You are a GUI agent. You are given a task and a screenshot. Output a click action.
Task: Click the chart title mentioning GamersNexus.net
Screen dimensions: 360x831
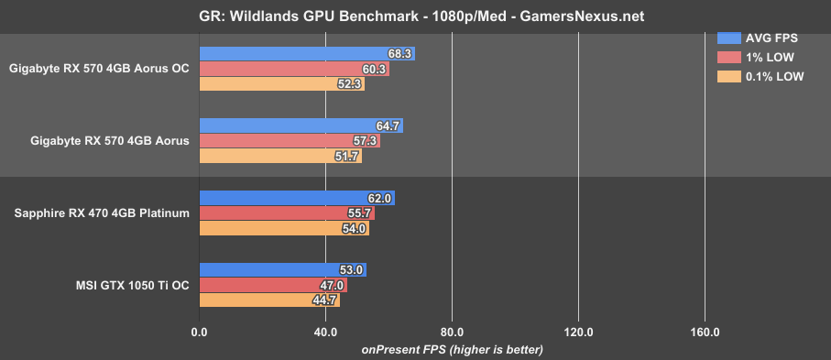pos(415,15)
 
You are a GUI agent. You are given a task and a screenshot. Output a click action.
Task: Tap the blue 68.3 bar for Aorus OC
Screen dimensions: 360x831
pos(307,54)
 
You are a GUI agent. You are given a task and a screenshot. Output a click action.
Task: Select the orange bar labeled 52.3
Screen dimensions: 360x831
pos(281,84)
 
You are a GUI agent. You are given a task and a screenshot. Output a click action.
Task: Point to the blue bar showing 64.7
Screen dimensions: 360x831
pos(301,126)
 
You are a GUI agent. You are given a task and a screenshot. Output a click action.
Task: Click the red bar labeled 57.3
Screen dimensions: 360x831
pos(289,141)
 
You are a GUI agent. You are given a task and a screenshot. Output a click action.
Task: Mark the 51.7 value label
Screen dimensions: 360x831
pos(348,157)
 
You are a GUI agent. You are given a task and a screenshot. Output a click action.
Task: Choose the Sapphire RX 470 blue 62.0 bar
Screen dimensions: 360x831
pos(297,198)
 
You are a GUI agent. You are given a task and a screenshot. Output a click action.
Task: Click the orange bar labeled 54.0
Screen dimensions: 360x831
pos(284,228)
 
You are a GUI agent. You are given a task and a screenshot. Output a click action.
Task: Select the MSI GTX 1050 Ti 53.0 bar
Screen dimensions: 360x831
pos(282,270)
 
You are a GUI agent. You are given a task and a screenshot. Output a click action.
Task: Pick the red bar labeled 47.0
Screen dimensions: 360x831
pos(273,285)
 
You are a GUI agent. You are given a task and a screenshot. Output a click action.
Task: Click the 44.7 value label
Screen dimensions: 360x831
pos(327,300)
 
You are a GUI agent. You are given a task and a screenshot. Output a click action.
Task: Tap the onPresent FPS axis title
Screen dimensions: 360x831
pos(452,349)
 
